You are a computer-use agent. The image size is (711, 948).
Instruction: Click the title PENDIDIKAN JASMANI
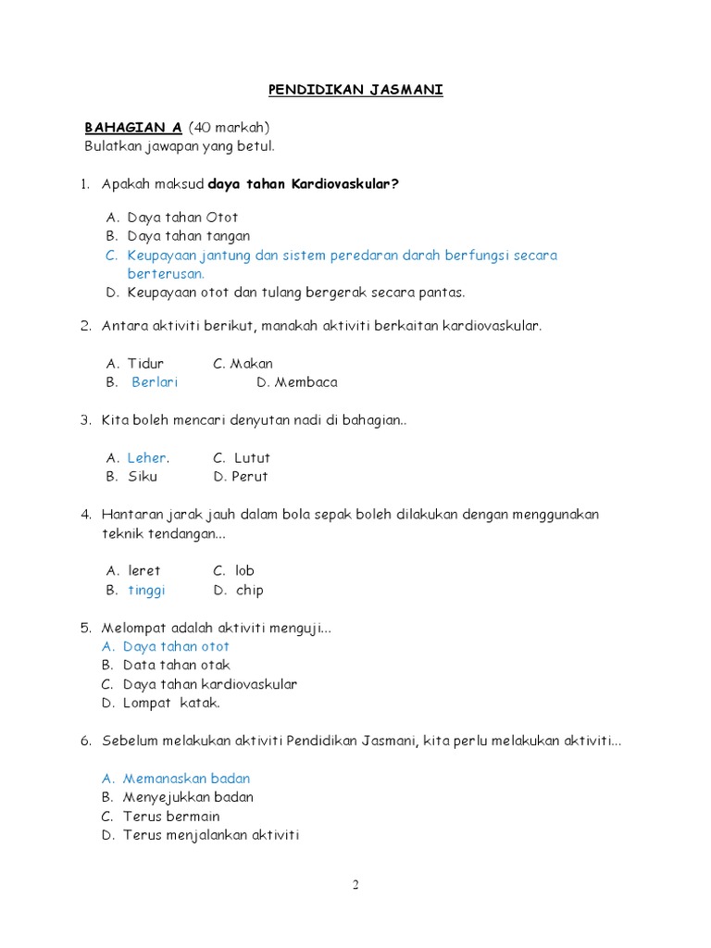tap(355, 90)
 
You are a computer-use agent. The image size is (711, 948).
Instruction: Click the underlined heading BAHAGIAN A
tap(133, 127)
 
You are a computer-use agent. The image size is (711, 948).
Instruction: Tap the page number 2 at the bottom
tap(355, 885)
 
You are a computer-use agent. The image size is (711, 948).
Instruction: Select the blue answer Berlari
tap(155, 382)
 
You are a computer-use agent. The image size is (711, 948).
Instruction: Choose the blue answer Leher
tap(147, 457)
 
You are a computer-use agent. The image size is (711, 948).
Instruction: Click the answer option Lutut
tap(252, 457)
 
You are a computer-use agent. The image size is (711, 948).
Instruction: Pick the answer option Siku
tap(143, 477)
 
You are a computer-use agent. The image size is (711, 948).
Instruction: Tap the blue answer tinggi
tap(146, 590)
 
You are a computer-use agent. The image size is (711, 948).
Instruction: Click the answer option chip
tap(249, 590)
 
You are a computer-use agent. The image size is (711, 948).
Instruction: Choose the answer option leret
tap(144, 570)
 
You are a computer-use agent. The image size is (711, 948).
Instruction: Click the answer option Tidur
tap(145, 364)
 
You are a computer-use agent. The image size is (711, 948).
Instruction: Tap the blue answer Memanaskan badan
tap(186, 779)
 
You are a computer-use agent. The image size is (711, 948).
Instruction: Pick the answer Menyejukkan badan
tap(188, 797)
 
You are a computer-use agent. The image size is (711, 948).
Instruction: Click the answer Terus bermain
tap(171, 817)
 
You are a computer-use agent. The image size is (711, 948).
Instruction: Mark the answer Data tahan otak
tap(176, 665)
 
